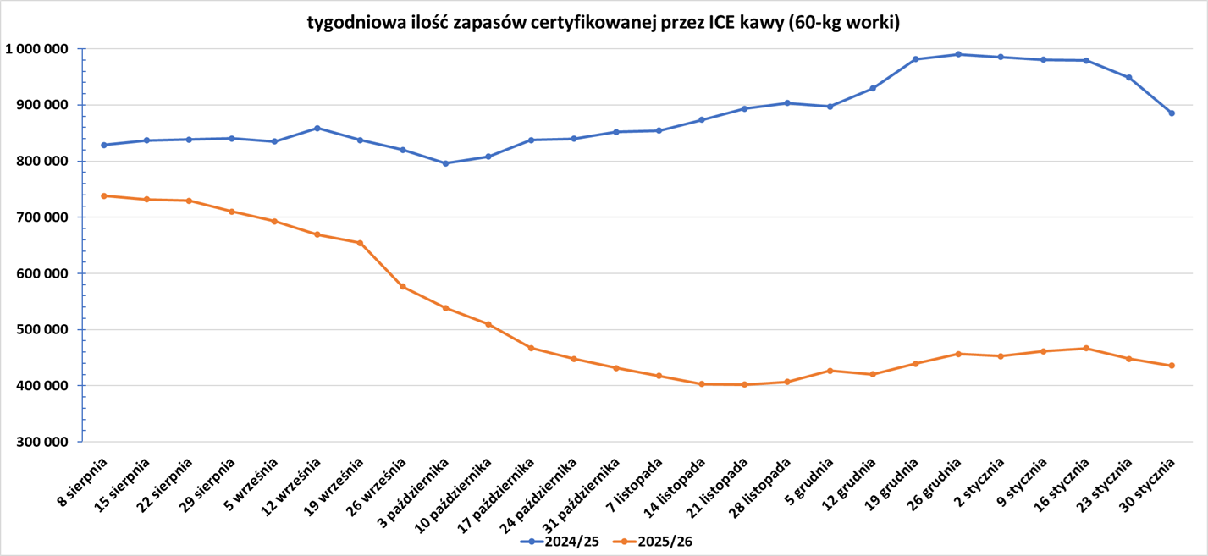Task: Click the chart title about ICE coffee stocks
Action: [x=603, y=23]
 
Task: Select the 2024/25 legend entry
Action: [x=560, y=542]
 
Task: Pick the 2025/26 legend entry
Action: [x=653, y=542]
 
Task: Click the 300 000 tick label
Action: [x=41, y=442]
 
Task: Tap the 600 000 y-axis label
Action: [x=41, y=273]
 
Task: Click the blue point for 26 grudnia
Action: [x=958, y=54]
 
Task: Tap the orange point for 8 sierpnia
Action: [x=104, y=195]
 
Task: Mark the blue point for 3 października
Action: [x=445, y=163]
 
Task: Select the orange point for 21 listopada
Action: [x=744, y=384]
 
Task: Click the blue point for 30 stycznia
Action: [x=1172, y=113]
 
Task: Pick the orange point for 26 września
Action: [x=403, y=287]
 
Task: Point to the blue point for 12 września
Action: [x=317, y=128]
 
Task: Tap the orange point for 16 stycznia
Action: [x=1086, y=348]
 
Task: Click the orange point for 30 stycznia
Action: [x=1172, y=366]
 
